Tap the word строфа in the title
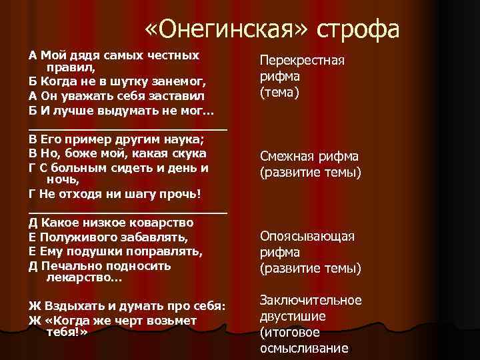pyautogui.click(x=358, y=30)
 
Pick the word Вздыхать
pyautogui.click(x=71, y=306)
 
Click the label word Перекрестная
pyautogui.click(x=301, y=61)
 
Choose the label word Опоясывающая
pyautogui.click(x=307, y=237)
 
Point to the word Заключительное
pyautogui.click(x=310, y=300)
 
